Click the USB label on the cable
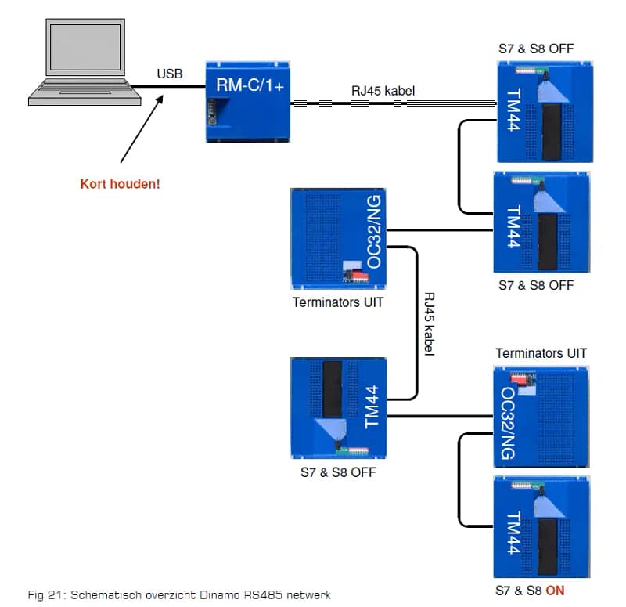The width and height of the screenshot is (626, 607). click(169, 74)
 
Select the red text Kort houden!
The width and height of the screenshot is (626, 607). click(120, 185)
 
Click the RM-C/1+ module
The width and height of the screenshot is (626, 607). click(249, 101)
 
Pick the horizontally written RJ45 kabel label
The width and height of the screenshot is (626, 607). click(383, 91)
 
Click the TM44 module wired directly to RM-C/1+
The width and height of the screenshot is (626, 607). click(545, 110)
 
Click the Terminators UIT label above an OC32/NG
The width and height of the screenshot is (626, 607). click(541, 353)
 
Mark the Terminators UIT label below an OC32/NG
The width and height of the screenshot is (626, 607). click(338, 302)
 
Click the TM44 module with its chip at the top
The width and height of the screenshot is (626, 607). click(339, 406)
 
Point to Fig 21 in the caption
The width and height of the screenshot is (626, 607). click(44, 595)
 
